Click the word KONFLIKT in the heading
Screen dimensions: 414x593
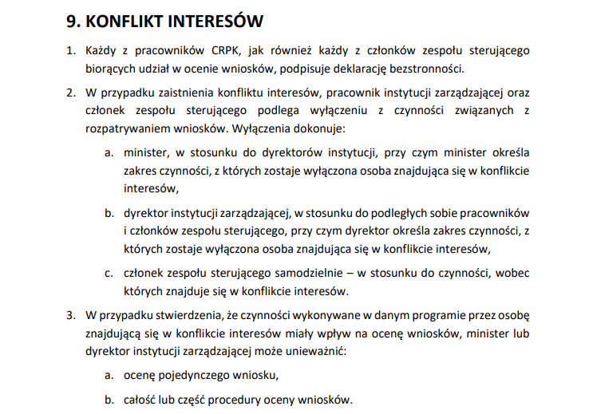click(132, 19)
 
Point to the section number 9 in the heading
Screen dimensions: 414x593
click(72, 19)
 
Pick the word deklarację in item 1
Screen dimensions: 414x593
click(359, 69)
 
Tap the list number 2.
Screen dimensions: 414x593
click(70, 93)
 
